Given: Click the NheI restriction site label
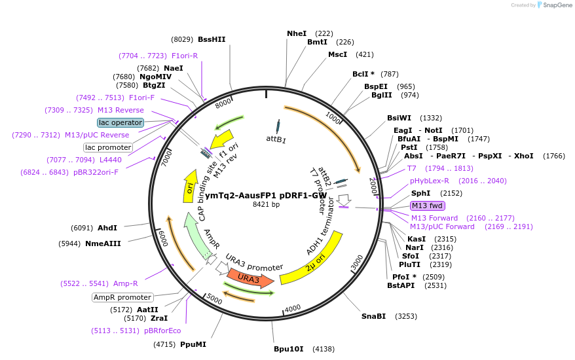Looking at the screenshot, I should coord(296,33).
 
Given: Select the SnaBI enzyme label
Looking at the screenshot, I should coord(373,316).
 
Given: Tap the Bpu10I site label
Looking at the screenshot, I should coord(288,349).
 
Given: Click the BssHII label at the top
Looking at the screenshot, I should coord(211,39).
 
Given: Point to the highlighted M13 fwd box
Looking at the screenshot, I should coord(427,206).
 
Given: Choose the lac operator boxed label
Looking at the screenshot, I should coord(121,122).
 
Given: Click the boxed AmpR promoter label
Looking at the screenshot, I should coord(122,297).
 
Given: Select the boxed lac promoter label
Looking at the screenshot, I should coord(108,147).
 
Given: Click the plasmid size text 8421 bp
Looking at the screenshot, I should coord(266,205).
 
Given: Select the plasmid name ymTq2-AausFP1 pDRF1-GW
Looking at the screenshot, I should coord(266,195).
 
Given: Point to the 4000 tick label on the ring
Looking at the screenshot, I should coord(292,308).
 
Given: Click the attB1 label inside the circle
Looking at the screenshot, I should coord(276,139).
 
